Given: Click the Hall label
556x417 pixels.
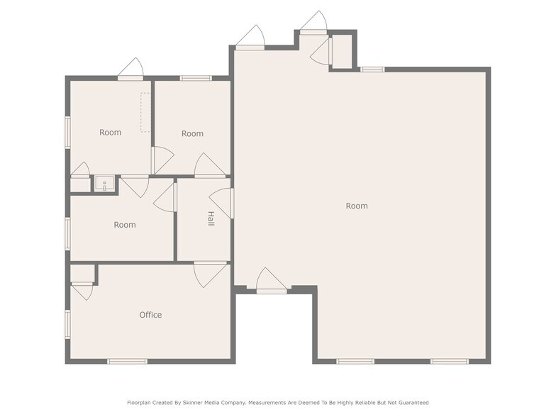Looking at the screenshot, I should [x=211, y=218].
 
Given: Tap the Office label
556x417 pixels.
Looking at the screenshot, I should [x=150, y=315].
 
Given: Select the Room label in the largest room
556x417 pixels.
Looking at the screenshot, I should [x=357, y=206].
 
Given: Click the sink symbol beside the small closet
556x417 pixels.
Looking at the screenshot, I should [x=105, y=185].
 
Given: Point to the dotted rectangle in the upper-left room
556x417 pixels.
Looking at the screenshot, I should [x=145, y=112].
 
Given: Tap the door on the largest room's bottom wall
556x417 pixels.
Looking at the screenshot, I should [x=271, y=282].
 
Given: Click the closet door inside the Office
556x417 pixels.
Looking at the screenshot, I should [x=82, y=289].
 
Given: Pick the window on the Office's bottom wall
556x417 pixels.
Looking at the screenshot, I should [x=128, y=362].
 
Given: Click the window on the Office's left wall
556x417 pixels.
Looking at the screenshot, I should [x=68, y=323].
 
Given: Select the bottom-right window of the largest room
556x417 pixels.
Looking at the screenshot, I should [x=450, y=362].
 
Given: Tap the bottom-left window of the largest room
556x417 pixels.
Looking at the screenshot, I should [x=355, y=362].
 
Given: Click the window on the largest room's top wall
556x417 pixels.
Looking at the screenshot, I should [x=372, y=69].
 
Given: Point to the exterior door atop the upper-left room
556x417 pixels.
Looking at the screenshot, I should [x=130, y=71].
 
